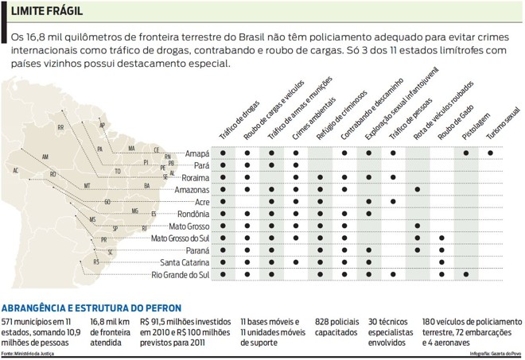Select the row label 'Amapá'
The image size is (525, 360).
click(x=196, y=153)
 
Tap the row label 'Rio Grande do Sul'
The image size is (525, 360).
click(x=180, y=274)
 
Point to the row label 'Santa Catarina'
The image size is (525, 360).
click(x=185, y=262)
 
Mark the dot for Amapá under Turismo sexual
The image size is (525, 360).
click(x=490, y=153)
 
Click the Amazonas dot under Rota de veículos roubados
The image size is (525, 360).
click(x=418, y=189)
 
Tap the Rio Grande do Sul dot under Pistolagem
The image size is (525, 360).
click(x=466, y=274)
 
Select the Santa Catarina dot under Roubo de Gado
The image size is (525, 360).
click(x=441, y=262)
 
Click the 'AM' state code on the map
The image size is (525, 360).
click(x=45, y=157)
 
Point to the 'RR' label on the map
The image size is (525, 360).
click(x=61, y=127)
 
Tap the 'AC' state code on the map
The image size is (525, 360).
click(x=15, y=170)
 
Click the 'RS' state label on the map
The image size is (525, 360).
click(x=96, y=261)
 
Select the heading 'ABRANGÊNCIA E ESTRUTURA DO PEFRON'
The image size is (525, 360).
click(x=91, y=308)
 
